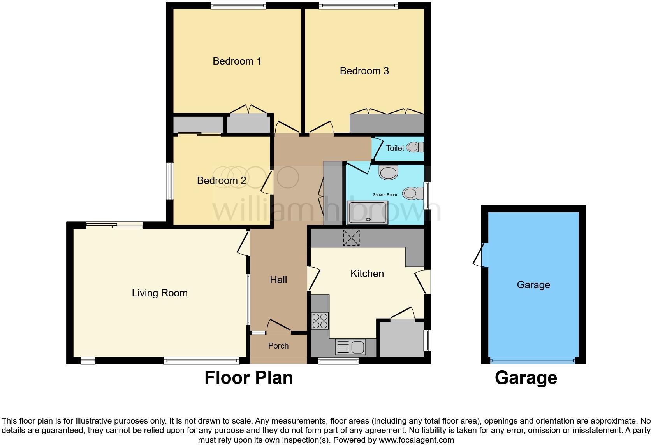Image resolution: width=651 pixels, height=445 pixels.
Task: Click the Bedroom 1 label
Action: coord(237,61)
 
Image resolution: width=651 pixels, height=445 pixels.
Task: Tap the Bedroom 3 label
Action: coord(364,71)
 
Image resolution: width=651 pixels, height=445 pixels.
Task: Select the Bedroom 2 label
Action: coord(221,180)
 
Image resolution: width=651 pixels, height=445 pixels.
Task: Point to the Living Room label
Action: coord(160,293)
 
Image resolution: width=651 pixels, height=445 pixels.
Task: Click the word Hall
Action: coord(278,280)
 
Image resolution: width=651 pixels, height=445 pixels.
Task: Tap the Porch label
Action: coord(278,346)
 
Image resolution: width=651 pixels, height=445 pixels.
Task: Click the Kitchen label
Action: coord(367,273)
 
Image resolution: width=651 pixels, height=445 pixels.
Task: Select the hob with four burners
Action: coord(320,321)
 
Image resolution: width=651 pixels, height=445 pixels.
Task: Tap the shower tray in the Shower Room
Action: coord(368,212)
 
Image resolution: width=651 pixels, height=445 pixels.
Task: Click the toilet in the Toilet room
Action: coord(414,148)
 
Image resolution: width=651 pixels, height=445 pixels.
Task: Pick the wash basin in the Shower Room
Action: coord(388,172)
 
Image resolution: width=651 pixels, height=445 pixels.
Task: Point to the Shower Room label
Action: coord(385,195)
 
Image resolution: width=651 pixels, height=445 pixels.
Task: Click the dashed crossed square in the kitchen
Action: coord(351,238)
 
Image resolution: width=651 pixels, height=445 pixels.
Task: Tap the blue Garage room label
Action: coord(533,285)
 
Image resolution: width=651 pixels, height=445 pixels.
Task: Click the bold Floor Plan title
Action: coord(248,378)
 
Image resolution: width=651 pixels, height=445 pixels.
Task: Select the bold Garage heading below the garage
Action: coord(526,378)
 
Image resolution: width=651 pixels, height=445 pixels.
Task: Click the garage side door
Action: coord(480,255)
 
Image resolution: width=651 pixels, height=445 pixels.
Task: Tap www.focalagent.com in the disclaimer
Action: coord(416,440)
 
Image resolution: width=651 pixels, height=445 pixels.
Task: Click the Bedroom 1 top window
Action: coord(238,5)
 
